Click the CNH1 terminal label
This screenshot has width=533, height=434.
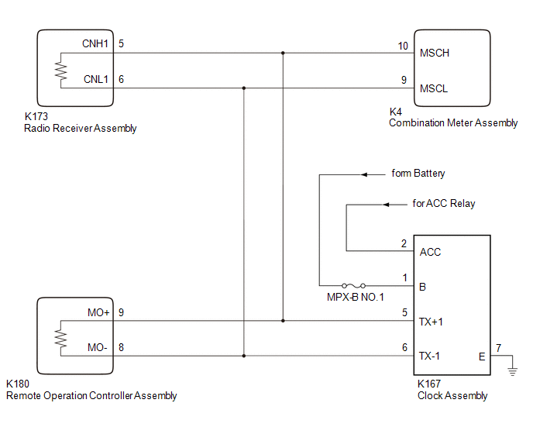coord(95,43)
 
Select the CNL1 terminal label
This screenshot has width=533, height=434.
coord(96,79)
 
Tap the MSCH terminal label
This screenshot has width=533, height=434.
coord(435,53)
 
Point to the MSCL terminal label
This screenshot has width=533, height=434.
coord(434,88)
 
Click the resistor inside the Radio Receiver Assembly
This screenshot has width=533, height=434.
coord(61,71)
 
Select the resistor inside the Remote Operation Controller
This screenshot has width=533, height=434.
coord(61,339)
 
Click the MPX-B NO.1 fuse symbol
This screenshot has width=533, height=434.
coord(353,285)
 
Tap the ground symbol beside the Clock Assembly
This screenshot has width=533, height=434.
coord(513,371)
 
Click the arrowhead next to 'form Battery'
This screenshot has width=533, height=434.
coord(364,175)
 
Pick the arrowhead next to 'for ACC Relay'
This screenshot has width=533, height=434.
coord(386,205)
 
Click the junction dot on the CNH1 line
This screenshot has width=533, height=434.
coord(283,53)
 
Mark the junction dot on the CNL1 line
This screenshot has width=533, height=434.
coord(244,88)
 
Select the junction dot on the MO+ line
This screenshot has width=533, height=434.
coord(283,321)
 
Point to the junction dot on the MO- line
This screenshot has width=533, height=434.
coord(244,356)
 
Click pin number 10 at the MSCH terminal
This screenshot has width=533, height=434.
coord(403,46)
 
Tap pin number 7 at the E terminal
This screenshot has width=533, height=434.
coord(498,348)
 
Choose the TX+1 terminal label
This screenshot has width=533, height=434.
coord(431,322)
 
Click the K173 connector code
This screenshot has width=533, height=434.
coord(36,116)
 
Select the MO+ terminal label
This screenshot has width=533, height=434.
coord(98,312)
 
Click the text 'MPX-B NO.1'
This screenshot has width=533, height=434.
coord(356,298)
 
